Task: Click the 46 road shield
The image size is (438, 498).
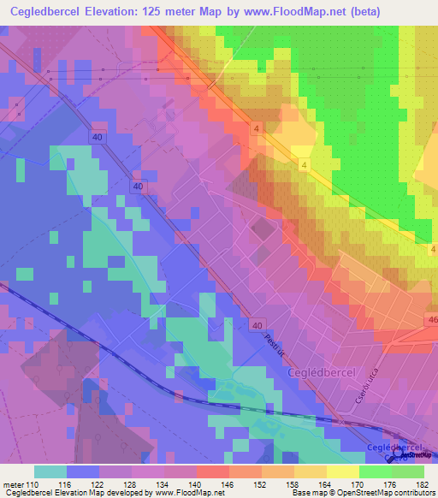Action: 429,318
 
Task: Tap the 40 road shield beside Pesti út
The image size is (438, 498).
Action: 257,325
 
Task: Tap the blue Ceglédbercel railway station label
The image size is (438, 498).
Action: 394,448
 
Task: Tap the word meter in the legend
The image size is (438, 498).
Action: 13,484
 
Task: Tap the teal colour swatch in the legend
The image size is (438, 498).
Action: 50,471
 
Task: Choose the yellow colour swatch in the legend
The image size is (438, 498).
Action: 342,471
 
